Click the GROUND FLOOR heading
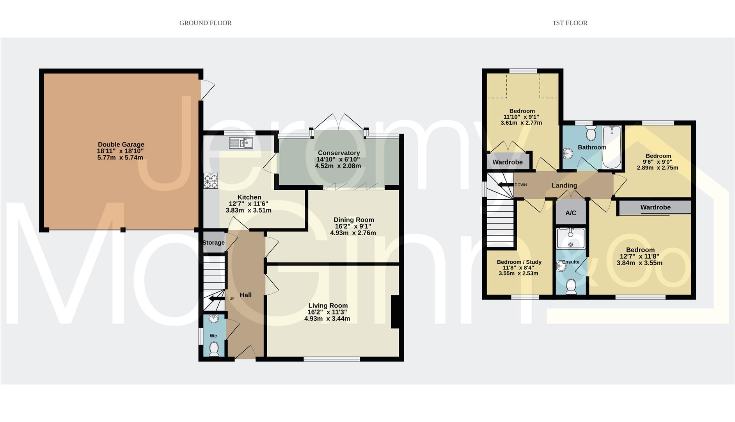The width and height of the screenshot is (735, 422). tap(205, 23)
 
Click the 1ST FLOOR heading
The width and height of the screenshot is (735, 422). tap(570, 23)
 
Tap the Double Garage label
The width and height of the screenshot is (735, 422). tap(121, 144)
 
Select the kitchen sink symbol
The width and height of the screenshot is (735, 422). tap(241, 143)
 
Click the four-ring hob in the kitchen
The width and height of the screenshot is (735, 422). tap(211, 181)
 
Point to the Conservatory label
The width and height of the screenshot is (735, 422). tap(338, 153)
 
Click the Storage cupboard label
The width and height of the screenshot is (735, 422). tap(213, 243)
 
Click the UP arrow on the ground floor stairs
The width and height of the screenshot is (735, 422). tap(215, 299)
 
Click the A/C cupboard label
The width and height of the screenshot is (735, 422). tap(570, 213)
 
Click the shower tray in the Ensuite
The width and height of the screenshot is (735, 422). tap(571, 238)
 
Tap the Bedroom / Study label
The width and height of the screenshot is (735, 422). tap(519, 262)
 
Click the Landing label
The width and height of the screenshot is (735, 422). tap(564, 185)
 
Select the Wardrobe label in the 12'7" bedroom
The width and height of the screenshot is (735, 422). tap(655, 207)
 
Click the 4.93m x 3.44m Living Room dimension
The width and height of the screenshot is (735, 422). tap(327, 318)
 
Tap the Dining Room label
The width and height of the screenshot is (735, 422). tap(353, 220)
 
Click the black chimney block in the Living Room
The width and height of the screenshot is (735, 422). tap(395, 311)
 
